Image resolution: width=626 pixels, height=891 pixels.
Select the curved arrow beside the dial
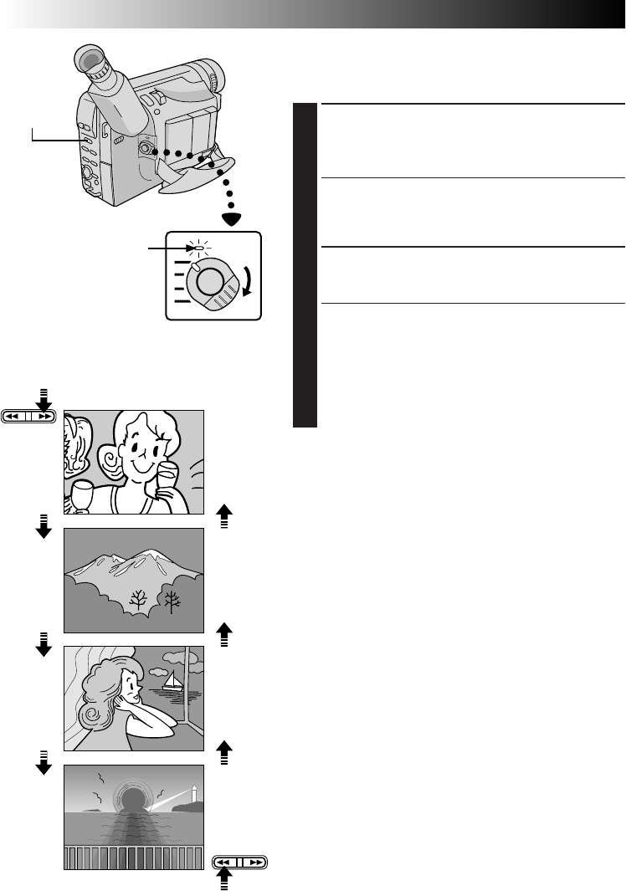pyautogui.click(x=249, y=277)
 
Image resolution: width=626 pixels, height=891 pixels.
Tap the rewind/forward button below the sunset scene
pyautogui.click(x=240, y=861)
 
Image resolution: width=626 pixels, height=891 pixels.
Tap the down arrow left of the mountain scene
pyautogui.click(x=44, y=526)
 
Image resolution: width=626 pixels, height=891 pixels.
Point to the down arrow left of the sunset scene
pyautogui.click(x=44, y=763)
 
